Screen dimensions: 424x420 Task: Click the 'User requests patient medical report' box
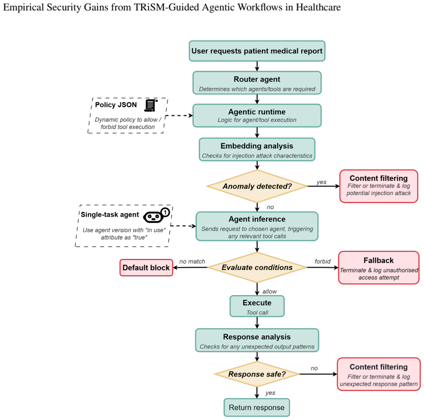257,51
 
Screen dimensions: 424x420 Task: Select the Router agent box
257,83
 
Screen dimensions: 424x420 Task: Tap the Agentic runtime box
257,116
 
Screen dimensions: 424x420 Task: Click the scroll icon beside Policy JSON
151,105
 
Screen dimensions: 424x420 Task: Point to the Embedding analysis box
257,150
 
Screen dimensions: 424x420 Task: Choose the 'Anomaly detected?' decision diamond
257,186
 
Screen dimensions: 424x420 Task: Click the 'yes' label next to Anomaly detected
322,182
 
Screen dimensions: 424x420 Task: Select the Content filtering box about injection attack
379,186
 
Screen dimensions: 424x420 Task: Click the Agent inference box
257,226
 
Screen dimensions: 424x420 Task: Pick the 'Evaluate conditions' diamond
257,267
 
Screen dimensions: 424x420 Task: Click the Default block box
146,267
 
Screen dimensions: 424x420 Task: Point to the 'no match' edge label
192,262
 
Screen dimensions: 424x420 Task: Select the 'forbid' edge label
323,262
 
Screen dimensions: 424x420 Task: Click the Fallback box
379,267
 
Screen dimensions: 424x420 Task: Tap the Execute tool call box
257,306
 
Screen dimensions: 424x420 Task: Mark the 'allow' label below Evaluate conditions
270,291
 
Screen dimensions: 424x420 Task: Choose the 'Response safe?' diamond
257,374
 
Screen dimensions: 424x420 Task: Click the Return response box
257,407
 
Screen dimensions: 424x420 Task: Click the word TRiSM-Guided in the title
164,7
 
